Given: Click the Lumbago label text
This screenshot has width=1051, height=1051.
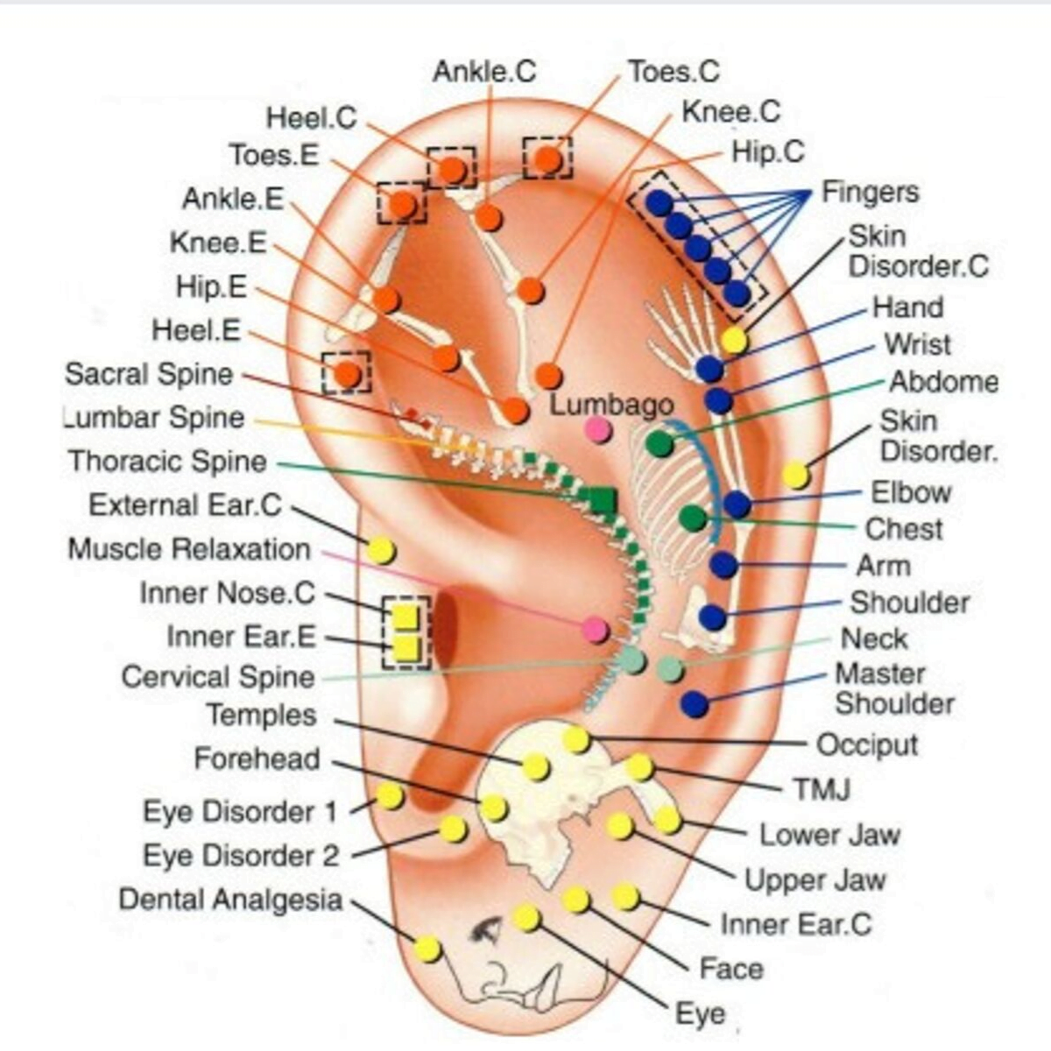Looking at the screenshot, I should point(611,405).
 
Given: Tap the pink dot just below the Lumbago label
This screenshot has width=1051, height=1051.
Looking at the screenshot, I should point(598,429).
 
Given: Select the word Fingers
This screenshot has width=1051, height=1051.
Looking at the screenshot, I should point(869,192).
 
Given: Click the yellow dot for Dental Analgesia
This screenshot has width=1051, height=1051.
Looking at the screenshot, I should point(427,949).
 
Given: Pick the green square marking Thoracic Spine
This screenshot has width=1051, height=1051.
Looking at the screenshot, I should point(603,500).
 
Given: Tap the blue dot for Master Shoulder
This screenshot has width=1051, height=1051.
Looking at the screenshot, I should point(695,703).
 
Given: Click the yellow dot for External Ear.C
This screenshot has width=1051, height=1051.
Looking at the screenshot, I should point(381,551).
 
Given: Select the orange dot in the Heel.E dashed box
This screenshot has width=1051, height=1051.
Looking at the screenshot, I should point(348,374).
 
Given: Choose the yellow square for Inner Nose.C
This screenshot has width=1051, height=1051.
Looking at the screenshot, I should point(405,617).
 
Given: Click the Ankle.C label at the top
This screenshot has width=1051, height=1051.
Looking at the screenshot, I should point(483,71).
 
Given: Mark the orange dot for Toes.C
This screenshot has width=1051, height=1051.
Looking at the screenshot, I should point(548,159).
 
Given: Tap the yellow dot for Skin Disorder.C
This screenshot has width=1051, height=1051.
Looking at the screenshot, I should point(734,340).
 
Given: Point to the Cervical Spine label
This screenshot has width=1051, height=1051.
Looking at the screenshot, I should point(217,677).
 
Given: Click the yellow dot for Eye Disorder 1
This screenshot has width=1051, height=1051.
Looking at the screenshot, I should point(390,796).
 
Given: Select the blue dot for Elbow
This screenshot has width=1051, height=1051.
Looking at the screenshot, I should point(737,504).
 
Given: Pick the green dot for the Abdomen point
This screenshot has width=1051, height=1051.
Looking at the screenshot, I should point(660,443).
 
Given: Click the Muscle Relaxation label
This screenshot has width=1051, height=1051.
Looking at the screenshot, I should point(189,549).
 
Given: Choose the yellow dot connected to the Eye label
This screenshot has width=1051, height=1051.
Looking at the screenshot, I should point(525,917).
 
